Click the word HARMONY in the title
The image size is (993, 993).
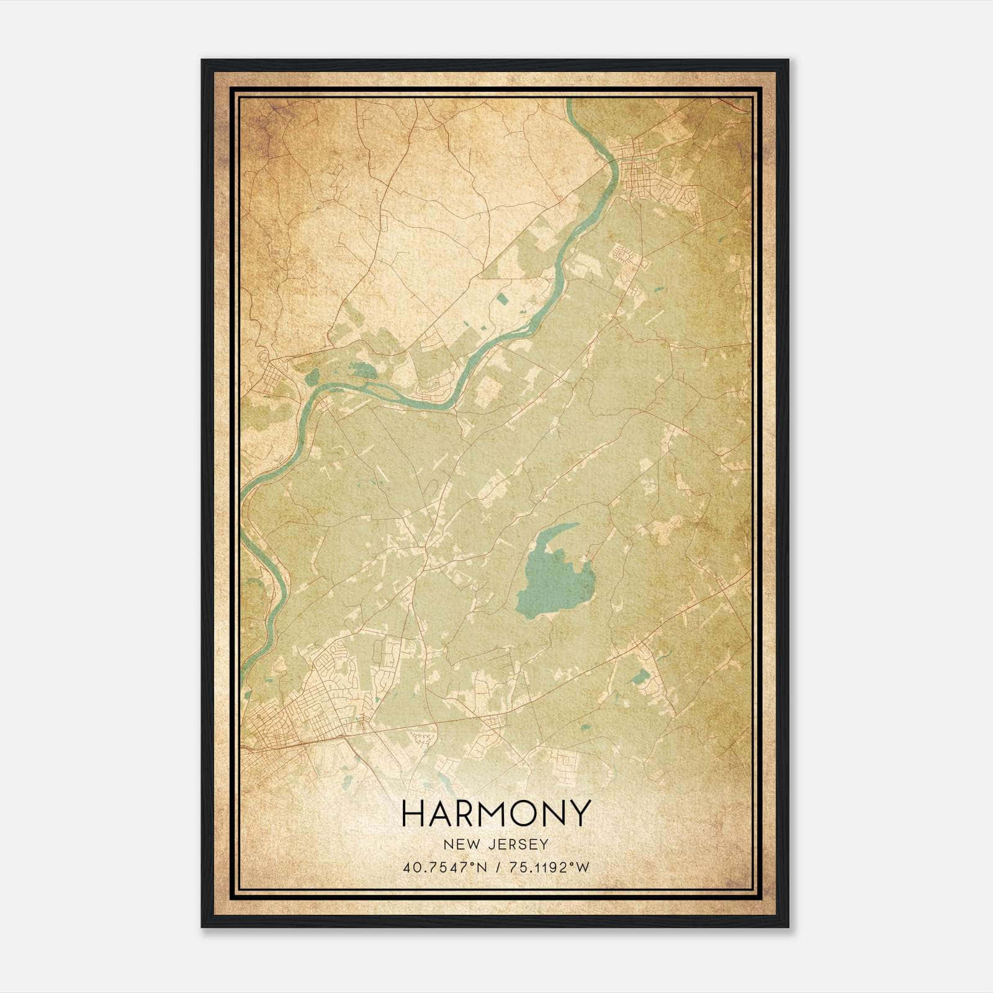tap(495, 814)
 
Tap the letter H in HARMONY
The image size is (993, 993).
tap(414, 814)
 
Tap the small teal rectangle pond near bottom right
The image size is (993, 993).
tap(639, 677)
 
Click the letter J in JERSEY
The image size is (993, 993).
tap(498, 844)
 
